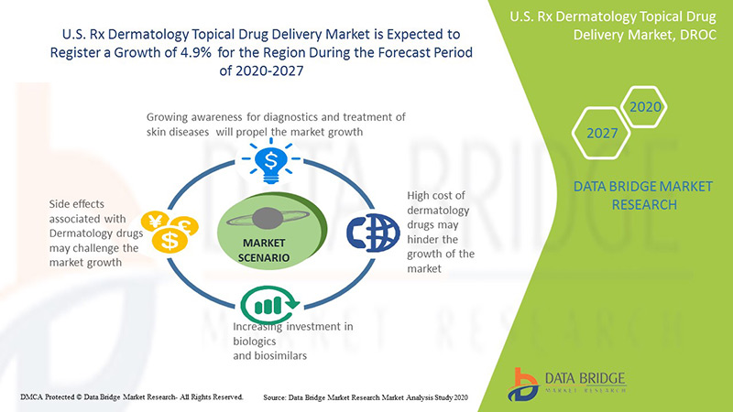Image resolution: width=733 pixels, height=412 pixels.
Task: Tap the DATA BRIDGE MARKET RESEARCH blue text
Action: click(625, 196)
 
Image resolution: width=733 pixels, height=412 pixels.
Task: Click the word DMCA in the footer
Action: click(34, 397)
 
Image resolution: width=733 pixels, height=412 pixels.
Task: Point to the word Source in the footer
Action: click(279, 397)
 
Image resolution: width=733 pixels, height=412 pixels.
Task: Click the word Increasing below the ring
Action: click(262, 327)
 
